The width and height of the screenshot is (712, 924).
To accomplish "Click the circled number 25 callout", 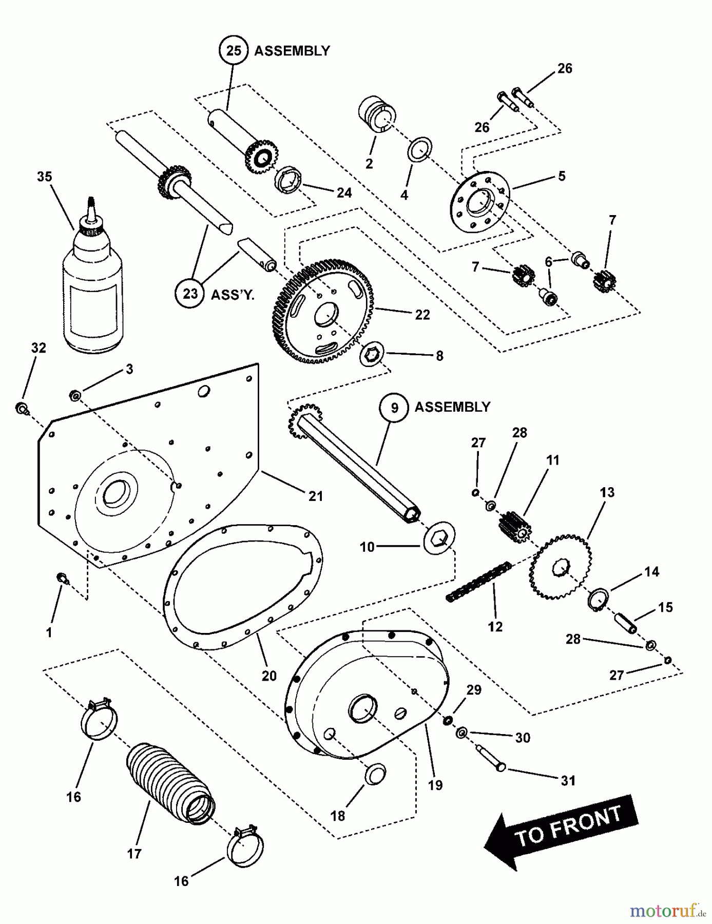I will tap(234, 50).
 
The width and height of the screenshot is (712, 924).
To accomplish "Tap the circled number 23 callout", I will tap(190, 294).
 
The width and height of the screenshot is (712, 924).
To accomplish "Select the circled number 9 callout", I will tap(394, 408).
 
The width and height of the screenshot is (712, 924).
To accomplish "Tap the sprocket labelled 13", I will tap(560, 567).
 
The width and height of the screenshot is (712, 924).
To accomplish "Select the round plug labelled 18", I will tap(375, 774).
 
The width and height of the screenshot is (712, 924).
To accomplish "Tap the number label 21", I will tap(315, 496).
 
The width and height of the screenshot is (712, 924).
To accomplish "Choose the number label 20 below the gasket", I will tap(269, 676).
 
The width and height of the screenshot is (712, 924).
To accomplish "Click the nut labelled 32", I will tap(22, 409).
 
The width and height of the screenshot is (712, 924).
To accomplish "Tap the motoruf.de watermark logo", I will tap(668, 910).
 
